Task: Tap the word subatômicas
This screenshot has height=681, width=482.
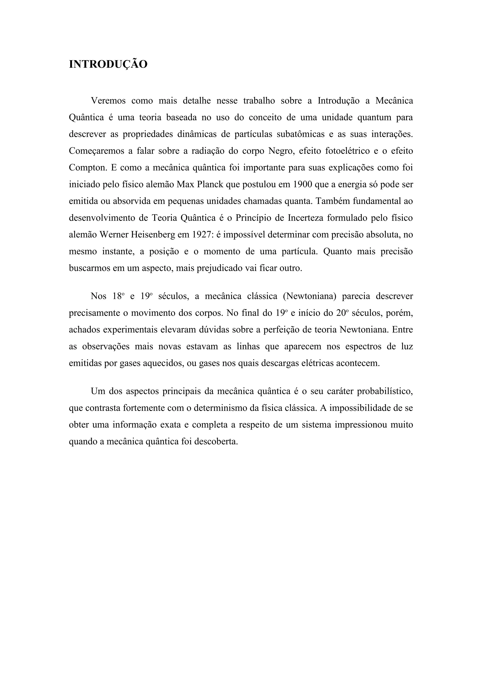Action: point(301,134)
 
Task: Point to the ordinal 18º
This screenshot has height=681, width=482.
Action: point(118,296)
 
